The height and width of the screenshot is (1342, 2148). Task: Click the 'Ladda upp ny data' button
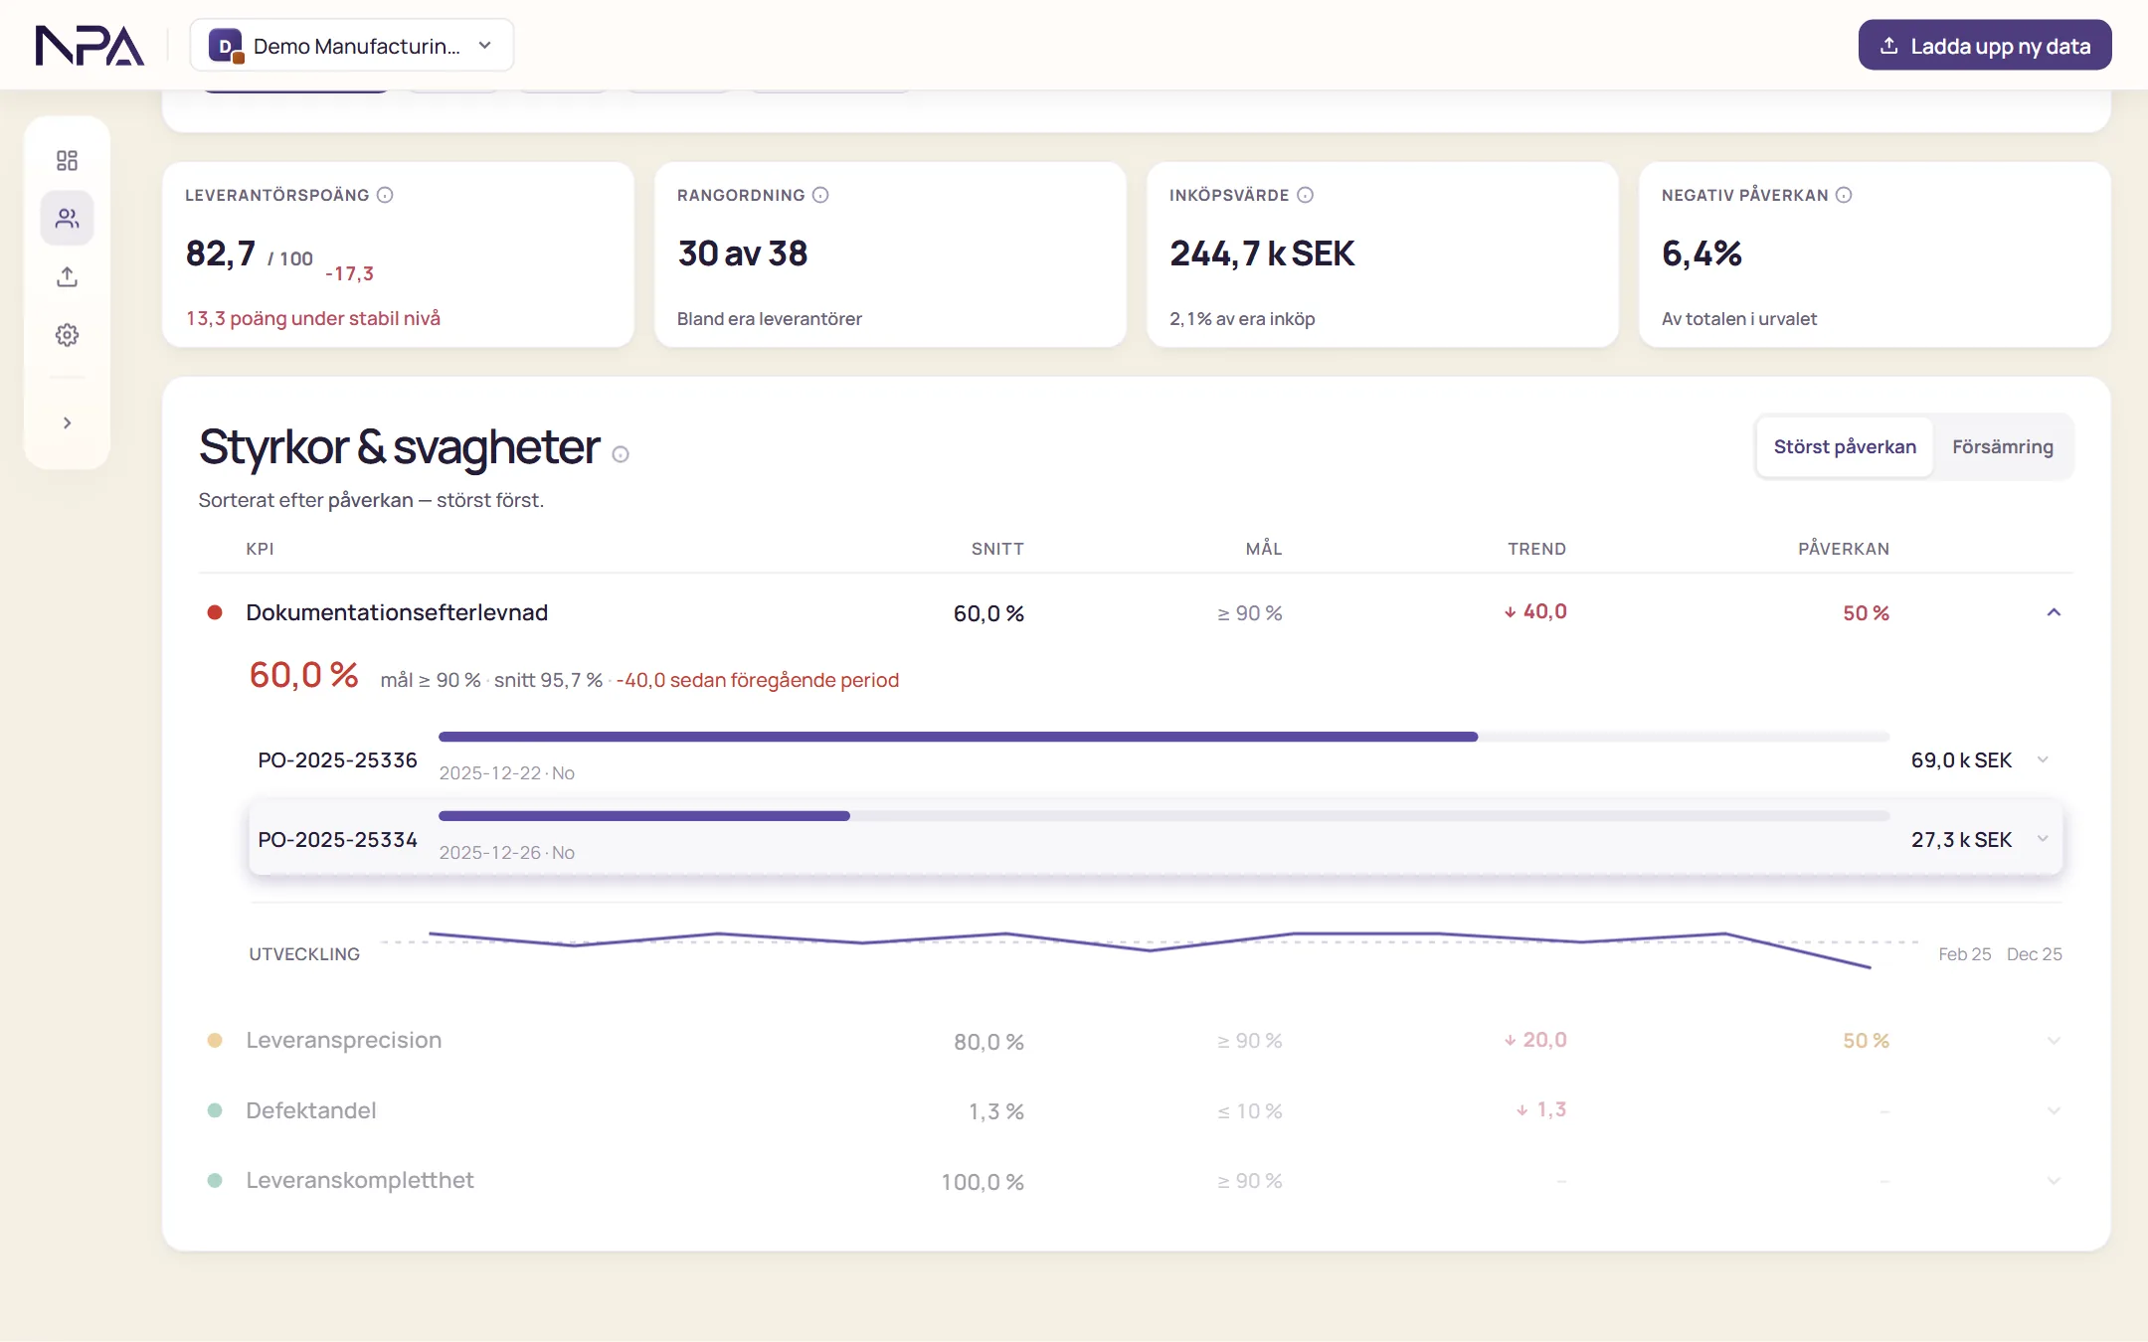(x=1985, y=46)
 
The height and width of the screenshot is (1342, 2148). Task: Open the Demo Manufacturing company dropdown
(x=352, y=46)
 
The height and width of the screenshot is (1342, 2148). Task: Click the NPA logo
(x=89, y=46)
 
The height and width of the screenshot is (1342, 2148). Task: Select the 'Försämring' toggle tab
(x=2002, y=447)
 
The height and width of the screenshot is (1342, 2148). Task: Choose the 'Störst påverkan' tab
(x=1845, y=447)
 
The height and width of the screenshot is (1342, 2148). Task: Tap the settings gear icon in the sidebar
(x=67, y=335)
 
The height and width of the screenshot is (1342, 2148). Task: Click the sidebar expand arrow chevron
(x=67, y=423)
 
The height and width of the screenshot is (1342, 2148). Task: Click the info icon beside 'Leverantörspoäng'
(x=385, y=195)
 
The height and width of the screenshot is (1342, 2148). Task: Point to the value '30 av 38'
(x=743, y=253)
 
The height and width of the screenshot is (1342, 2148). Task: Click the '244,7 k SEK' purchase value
(x=1262, y=253)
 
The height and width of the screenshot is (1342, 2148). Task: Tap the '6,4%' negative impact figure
(x=1701, y=253)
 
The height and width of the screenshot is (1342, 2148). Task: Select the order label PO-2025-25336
(x=337, y=760)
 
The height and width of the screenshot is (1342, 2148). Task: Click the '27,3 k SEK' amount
(x=1961, y=840)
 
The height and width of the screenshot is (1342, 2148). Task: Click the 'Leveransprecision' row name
(x=344, y=1041)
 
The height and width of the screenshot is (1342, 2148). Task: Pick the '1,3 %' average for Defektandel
(x=995, y=1111)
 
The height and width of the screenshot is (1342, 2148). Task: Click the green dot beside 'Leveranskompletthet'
(x=215, y=1181)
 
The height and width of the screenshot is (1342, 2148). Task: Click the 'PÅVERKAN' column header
(x=1844, y=549)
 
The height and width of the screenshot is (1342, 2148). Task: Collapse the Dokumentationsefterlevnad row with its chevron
(x=2054, y=612)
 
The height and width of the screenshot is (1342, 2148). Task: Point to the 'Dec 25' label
(x=2034, y=954)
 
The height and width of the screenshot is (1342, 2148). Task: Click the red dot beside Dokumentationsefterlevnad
(x=215, y=612)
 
